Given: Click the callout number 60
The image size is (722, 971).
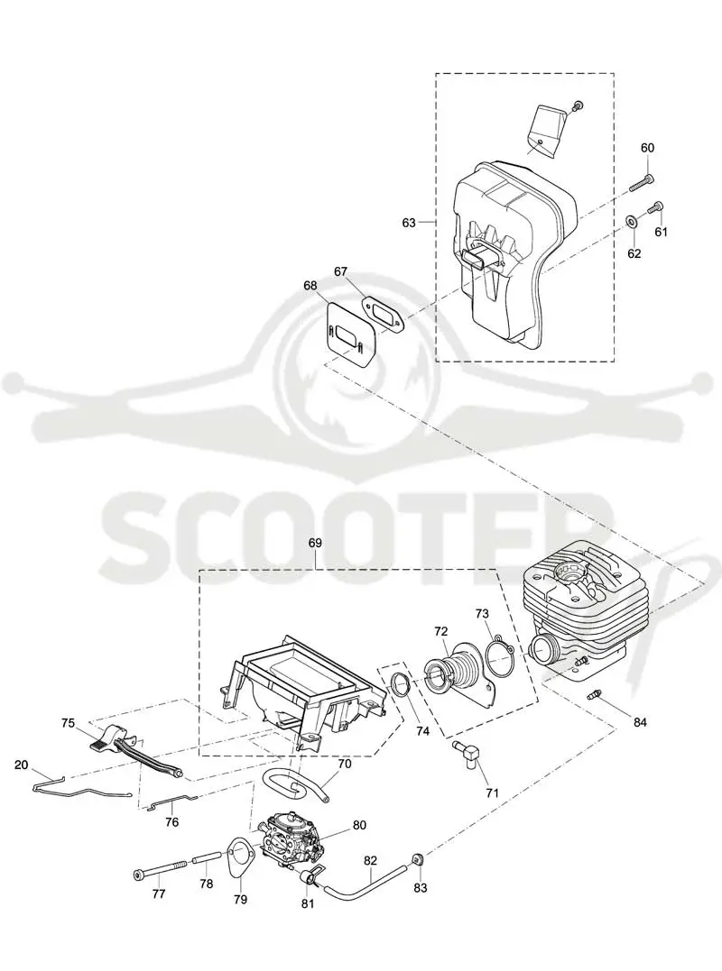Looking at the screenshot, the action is [x=647, y=148].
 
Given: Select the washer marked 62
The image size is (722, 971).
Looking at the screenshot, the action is [x=630, y=220].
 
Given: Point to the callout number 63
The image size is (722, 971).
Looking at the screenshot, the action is [x=409, y=223].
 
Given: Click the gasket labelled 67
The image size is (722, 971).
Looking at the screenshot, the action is [x=383, y=310].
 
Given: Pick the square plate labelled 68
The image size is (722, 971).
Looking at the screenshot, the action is [x=349, y=329].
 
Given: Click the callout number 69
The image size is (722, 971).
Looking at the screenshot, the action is [x=315, y=543].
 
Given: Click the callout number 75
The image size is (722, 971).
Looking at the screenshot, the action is [x=69, y=722].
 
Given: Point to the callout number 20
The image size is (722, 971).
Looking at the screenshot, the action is [x=21, y=765].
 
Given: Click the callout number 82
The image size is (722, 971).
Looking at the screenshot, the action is [x=371, y=860].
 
